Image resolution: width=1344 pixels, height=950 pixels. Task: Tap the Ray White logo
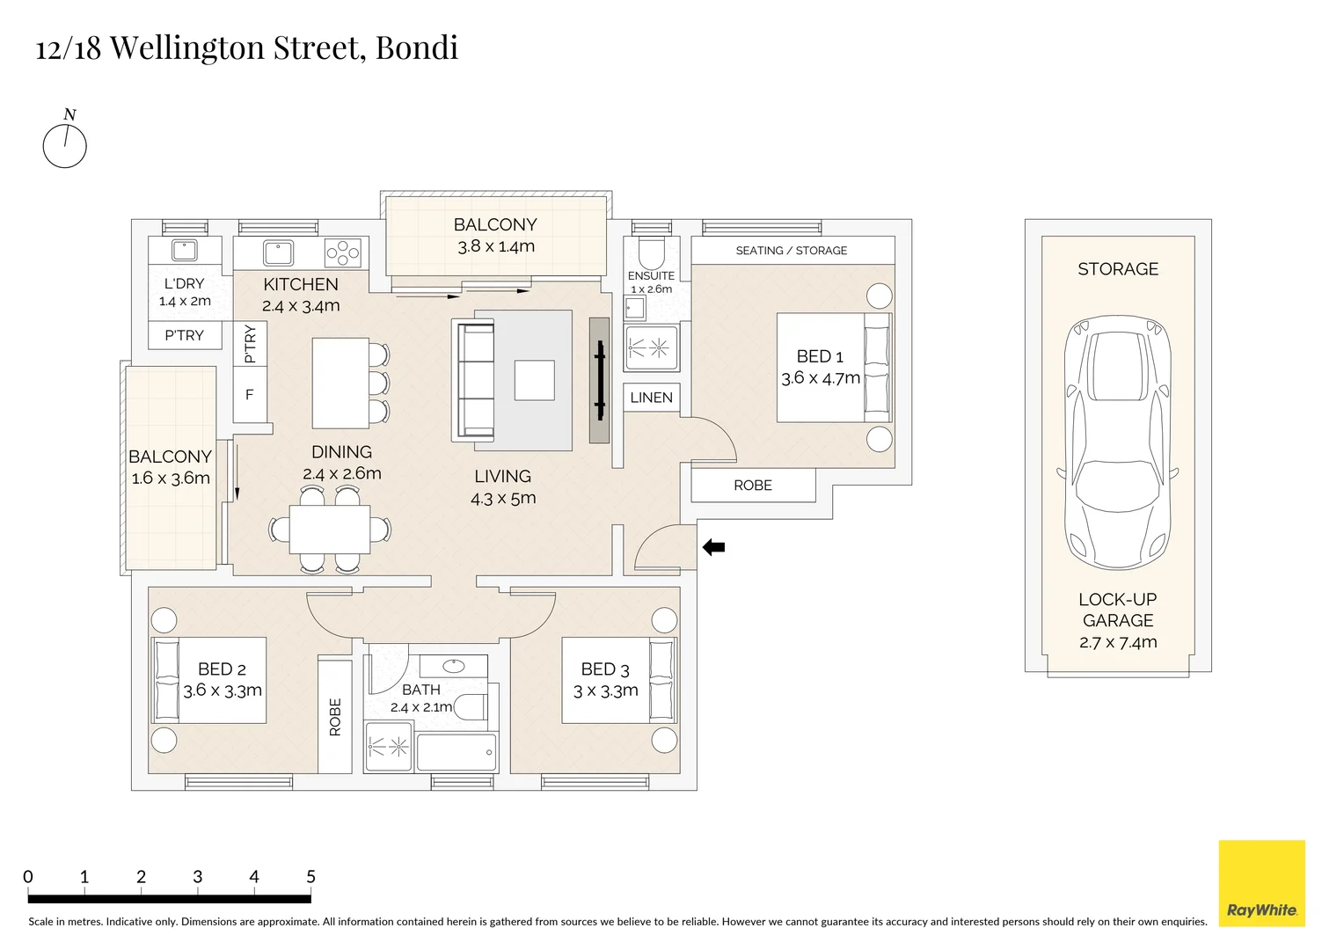click(1261, 883)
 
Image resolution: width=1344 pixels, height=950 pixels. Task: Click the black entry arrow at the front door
click(713, 548)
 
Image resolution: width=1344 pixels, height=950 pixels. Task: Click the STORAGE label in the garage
click(1118, 269)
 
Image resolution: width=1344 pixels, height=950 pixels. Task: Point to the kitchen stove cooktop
click(343, 252)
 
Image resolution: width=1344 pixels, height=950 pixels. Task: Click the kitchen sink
click(279, 252)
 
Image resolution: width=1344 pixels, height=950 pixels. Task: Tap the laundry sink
click(184, 251)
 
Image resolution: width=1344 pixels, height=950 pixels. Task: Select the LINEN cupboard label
click(651, 398)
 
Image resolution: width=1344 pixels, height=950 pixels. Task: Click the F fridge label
click(250, 395)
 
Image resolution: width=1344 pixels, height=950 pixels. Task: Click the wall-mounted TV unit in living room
click(599, 380)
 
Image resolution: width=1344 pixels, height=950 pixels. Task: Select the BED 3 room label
click(605, 669)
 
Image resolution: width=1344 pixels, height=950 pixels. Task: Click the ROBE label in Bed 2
click(335, 717)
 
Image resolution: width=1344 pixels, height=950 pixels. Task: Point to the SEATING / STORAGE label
click(791, 251)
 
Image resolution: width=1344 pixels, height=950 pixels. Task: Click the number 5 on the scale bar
click(310, 877)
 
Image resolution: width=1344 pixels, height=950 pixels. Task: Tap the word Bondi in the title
click(417, 47)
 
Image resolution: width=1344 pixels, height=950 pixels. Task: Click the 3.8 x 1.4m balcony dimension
click(496, 246)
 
